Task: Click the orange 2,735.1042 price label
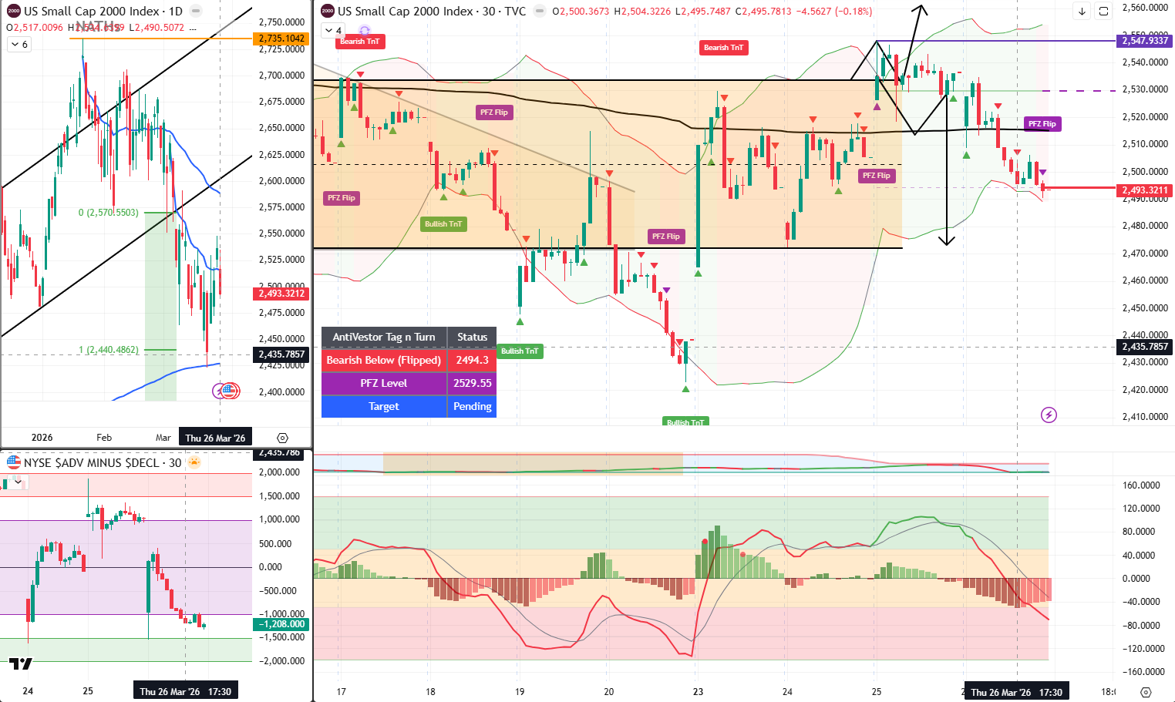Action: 282,39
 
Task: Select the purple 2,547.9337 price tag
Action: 1145,41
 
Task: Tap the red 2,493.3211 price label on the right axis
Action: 1145,190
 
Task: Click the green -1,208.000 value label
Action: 282,624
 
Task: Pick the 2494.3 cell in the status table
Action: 472,360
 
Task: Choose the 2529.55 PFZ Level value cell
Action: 472,383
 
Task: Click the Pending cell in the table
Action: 472,406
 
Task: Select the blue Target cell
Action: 384,406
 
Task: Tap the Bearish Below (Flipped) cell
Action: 384,360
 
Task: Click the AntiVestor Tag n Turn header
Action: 384,337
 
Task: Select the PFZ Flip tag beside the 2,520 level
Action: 1042,124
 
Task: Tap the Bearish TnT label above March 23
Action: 723,48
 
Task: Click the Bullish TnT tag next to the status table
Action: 520,351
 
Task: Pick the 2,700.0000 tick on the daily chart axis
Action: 281,76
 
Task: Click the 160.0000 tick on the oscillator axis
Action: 1141,485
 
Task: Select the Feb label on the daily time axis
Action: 104,438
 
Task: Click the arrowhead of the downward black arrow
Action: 947,241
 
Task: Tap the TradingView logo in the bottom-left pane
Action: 21,663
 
